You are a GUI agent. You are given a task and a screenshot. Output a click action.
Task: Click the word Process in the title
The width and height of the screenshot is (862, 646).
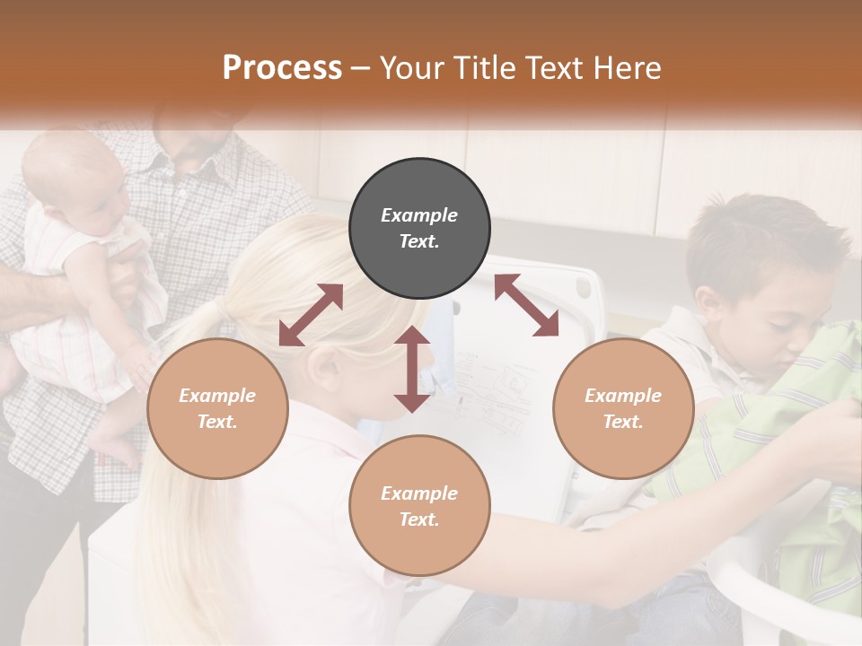click(x=282, y=68)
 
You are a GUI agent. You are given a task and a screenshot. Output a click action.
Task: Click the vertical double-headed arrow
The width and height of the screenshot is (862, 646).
click(x=412, y=369)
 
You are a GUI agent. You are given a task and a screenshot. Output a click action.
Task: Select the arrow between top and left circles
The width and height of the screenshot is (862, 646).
click(x=311, y=315)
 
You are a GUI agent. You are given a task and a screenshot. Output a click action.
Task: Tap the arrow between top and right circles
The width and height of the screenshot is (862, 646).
click(x=526, y=305)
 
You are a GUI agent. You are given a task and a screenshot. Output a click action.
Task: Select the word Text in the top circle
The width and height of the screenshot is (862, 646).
click(x=418, y=241)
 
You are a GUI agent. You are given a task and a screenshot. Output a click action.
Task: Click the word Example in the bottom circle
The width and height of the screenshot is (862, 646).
click(x=419, y=493)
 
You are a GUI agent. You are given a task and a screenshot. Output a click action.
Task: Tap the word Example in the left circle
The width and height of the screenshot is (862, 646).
click(x=217, y=395)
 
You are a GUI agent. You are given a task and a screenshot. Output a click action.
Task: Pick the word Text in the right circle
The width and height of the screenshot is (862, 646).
click(x=623, y=422)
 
